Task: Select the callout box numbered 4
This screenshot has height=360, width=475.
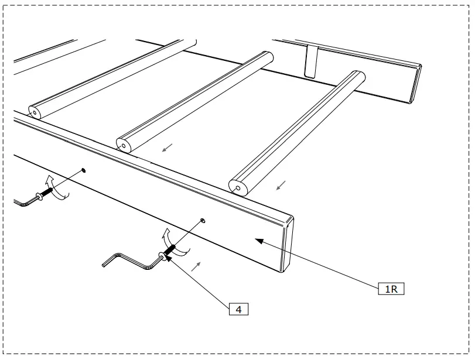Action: [x=239, y=309]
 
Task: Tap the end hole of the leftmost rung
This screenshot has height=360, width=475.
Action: [x=35, y=111]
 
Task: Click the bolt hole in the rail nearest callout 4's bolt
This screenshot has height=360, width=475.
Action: [x=203, y=220]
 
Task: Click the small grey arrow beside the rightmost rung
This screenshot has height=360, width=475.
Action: [x=281, y=186]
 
